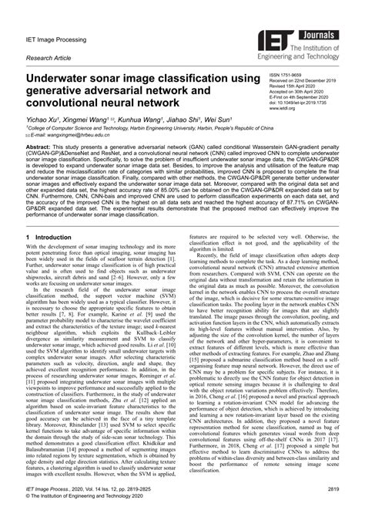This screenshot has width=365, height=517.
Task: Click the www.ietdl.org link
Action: click(x=282, y=109)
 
